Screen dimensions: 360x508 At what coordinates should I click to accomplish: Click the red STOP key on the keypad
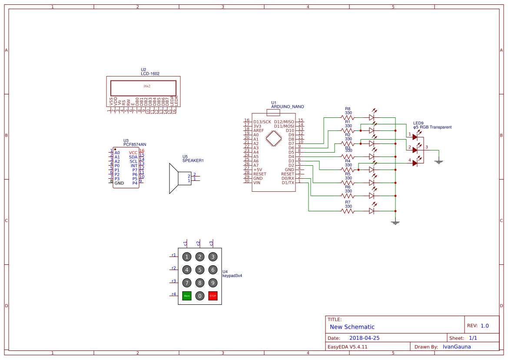click(x=212, y=296)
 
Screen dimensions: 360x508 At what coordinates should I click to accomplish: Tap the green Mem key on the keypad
click(x=187, y=296)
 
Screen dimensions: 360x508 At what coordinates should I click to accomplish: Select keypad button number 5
click(x=199, y=270)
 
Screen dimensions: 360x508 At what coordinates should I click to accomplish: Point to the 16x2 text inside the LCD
click(x=147, y=86)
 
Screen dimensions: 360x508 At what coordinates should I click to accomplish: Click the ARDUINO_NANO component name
click(x=287, y=107)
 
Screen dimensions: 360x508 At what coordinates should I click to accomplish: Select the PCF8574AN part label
click(x=135, y=144)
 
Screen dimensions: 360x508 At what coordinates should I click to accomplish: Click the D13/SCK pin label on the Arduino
click(x=262, y=122)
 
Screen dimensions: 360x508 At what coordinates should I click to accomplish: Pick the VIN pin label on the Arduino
click(x=257, y=183)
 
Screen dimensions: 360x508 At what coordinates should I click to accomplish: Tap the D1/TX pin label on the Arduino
click(x=288, y=183)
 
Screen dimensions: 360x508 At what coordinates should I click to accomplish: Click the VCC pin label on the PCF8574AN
click(x=133, y=153)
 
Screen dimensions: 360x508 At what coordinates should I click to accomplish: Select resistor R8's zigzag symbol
click(x=348, y=117)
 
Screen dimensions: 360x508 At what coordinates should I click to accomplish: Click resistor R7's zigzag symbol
click(x=348, y=211)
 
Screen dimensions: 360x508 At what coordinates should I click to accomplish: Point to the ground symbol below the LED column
click(x=395, y=223)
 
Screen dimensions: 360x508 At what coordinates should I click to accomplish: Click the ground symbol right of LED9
click(x=439, y=162)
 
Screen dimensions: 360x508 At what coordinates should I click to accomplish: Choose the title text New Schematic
click(x=352, y=327)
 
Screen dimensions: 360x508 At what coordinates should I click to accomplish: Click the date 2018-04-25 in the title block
click(x=364, y=338)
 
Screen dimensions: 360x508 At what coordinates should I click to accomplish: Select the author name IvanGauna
click(x=456, y=347)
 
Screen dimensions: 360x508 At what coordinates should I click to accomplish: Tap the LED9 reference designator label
click(x=418, y=123)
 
